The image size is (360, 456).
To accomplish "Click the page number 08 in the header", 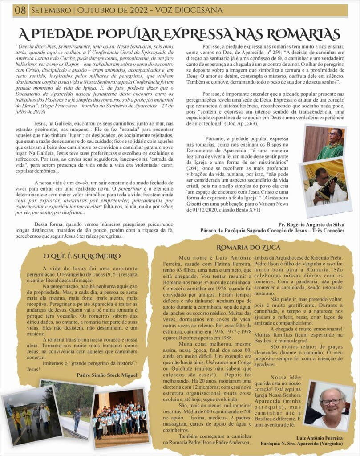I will click(x=20, y=10).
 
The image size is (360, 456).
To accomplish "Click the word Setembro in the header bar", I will click(x=49, y=10).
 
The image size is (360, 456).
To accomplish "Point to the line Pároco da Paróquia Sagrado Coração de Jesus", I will click(x=272, y=231).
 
